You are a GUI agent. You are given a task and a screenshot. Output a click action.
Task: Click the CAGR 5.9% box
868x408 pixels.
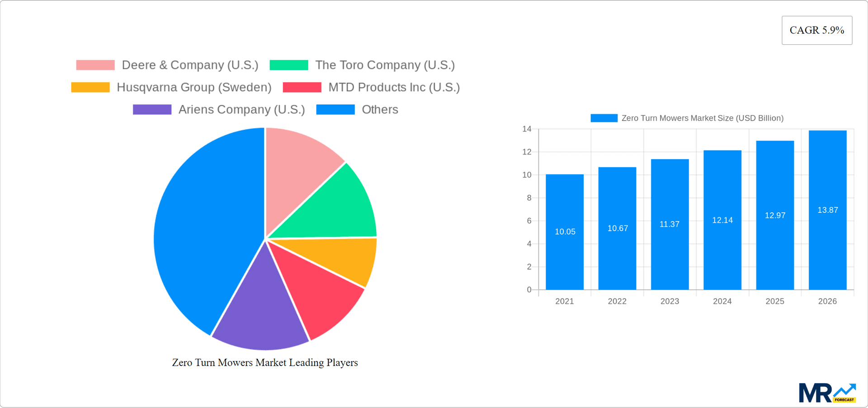pyautogui.click(x=816, y=30)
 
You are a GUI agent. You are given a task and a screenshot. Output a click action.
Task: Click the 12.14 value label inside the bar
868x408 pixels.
pyautogui.click(x=722, y=220)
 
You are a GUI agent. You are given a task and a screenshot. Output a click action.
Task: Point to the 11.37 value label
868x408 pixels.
pyautogui.click(x=670, y=224)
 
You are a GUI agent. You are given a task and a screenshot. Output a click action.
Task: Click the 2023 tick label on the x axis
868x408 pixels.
pyautogui.click(x=670, y=301)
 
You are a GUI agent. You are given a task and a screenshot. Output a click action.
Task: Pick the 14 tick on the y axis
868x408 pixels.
pyautogui.click(x=527, y=129)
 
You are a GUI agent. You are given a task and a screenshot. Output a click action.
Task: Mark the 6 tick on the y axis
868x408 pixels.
pyautogui.click(x=529, y=221)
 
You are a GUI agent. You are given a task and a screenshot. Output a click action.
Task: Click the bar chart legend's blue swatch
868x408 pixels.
pyautogui.click(x=604, y=118)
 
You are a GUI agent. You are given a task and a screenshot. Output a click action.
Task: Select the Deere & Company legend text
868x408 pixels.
pyautogui.click(x=190, y=65)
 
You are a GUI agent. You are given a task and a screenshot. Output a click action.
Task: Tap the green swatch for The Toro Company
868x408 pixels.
pyautogui.click(x=289, y=65)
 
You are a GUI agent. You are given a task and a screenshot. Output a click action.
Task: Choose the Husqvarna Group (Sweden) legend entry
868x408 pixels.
pyautogui.click(x=194, y=87)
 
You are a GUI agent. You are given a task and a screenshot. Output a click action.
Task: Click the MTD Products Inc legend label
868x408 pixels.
pyautogui.click(x=394, y=87)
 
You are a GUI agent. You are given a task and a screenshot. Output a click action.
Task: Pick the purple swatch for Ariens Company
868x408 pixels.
pyautogui.click(x=152, y=109)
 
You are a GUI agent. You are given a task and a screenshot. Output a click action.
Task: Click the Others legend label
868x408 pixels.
pyautogui.click(x=380, y=109)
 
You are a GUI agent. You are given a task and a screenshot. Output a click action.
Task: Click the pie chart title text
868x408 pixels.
pyautogui.click(x=265, y=363)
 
